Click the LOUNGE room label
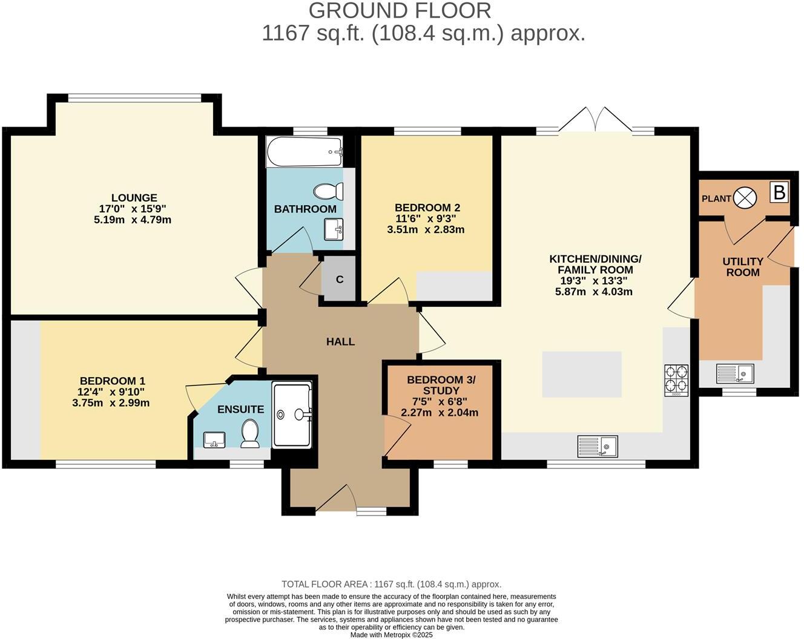pyautogui.click(x=134, y=198)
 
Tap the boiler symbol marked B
pyautogui.click(x=779, y=192)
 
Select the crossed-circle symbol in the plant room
pyautogui.click(x=745, y=198)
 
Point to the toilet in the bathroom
pyautogui.click(x=328, y=192)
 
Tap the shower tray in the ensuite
pyautogui.click(x=292, y=415)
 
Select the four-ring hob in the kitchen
pyautogui.click(x=676, y=379)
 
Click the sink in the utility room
pyautogui.click(x=735, y=373)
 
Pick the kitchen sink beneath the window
pyautogui.click(x=598, y=446)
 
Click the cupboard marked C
pyautogui.click(x=339, y=280)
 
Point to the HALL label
pyautogui.click(x=340, y=342)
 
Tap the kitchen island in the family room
pyautogui.click(x=581, y=374)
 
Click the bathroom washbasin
pyautogui.click(x=333, y=229)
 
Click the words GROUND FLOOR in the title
pyautogui.click(x=400, y=10)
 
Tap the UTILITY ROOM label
pyautogui.click(x=743, y=267)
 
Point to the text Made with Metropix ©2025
pyautogui.click(x=392, y=635)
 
